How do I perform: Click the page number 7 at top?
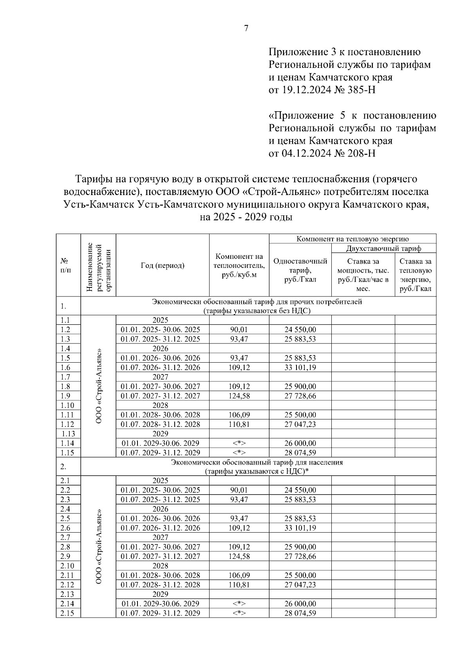[246, 28]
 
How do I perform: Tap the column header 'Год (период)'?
[162, 266]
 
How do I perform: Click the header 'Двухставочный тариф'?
[383, 249]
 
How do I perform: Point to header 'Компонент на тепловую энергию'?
[352, 239]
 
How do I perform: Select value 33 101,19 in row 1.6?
[300, 367]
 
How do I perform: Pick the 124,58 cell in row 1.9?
[239, 396]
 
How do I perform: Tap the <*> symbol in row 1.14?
[239, 443]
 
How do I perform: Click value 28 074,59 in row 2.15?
[300, 613]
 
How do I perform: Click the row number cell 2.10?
[68, 566]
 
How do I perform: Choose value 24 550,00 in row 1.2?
[300, 330]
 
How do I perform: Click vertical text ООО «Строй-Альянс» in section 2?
[99, 547]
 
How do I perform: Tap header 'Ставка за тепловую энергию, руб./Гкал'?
[415, 275]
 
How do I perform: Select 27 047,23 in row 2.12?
[300, 585]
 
